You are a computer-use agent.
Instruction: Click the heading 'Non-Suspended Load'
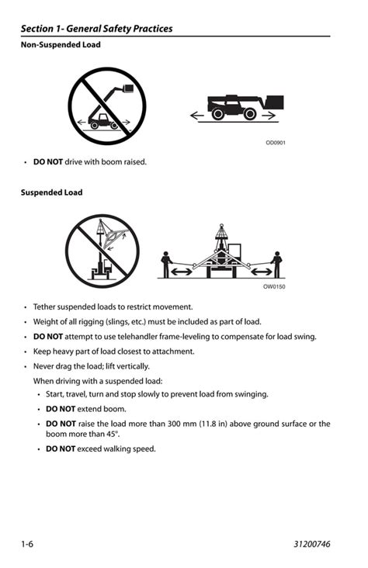61,45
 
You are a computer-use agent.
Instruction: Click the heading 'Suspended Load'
51,192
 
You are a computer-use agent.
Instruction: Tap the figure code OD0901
276,143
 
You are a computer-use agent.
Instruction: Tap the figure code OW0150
274,287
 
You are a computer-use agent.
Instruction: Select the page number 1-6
27,544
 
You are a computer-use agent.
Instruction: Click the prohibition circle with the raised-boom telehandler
107,106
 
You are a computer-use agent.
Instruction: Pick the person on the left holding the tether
165,264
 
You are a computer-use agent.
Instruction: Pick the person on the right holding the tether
276,264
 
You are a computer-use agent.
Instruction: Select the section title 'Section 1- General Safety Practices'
97,29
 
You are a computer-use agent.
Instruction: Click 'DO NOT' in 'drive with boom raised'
48,162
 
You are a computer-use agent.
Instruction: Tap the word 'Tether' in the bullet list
47,307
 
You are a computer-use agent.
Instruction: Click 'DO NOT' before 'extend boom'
61,409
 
